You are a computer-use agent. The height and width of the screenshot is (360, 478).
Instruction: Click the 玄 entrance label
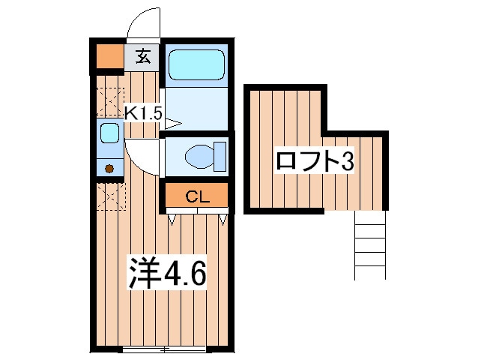coord(143,56)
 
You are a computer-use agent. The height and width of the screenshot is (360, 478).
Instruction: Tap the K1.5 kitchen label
coord(143,114)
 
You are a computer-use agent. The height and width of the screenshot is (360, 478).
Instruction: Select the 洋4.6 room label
coord(167,272)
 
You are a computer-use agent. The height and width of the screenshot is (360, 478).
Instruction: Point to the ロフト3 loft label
coord(315,161)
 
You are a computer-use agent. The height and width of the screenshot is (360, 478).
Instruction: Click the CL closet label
coord(198,196)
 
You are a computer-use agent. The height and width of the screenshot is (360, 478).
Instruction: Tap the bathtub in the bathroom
coord(197,65)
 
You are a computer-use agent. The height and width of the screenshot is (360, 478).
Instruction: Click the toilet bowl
coord(199,157)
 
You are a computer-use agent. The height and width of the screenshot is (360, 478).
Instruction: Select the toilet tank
coord(220,156)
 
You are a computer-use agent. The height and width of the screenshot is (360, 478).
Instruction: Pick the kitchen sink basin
coord(109,133)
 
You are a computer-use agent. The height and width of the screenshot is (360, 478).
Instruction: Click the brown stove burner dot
coord(109,169)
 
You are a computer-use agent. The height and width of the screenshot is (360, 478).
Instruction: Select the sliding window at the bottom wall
coord(164,349)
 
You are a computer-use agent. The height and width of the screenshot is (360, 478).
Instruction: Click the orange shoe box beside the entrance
coord(110,56)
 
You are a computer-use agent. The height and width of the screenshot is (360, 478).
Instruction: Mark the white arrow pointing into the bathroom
coord(173,124)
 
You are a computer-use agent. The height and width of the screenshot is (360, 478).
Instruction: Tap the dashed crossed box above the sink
coord(110,101)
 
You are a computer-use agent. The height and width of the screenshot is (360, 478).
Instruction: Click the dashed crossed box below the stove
coord(111,196)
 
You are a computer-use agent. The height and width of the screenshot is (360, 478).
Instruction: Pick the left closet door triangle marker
coord(172,220)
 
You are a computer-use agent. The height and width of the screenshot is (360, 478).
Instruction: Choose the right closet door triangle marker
coord(223,220)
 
